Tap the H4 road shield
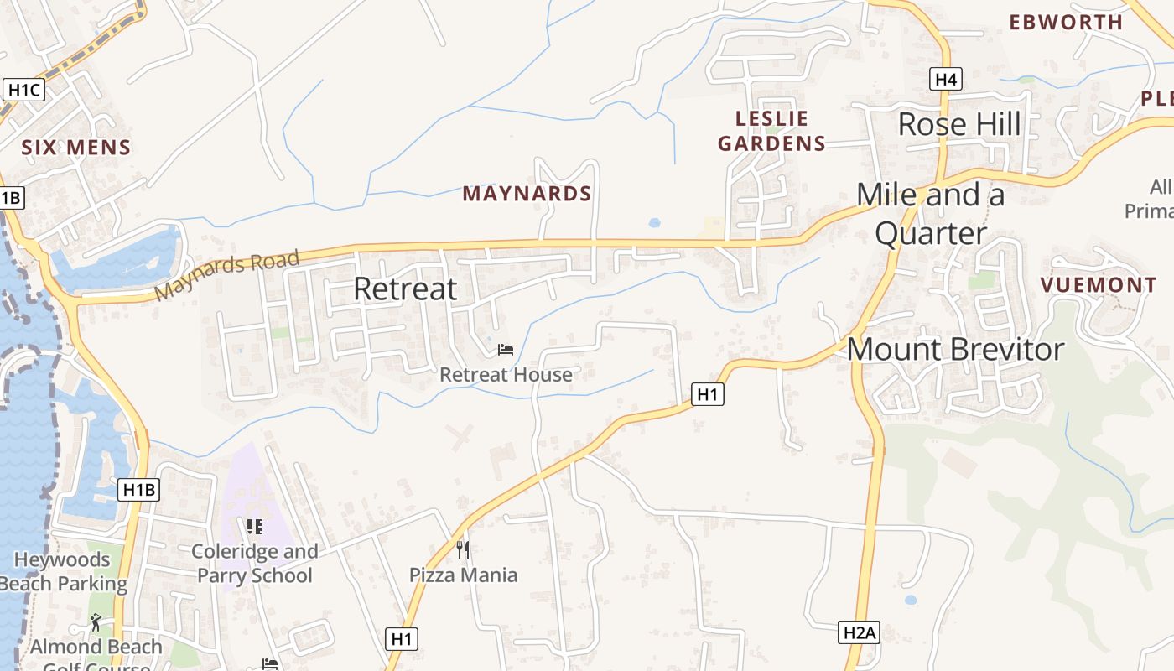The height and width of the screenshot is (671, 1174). [x=945, y=79]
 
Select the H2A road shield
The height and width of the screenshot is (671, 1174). [x=859, y=632]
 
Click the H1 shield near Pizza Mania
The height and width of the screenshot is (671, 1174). [x=403, y=638]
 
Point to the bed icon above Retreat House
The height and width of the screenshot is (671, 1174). [x=506, y=349]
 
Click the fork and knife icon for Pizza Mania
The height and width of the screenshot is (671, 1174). [x=463, y=550]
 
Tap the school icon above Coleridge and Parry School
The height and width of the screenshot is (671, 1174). [x=254, y=527]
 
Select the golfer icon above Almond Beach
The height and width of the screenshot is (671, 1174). [x=96, y=622]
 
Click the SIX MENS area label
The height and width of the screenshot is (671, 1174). [x=76, y=148]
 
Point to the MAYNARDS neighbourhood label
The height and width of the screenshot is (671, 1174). [x=527, y=194]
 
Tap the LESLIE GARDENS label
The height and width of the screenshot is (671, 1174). [x=771, y=131]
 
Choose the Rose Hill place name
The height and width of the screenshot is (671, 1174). [x=959, y=124]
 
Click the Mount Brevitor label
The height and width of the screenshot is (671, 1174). [x=955, y=349]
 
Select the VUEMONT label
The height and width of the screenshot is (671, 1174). [x=1099, y=285]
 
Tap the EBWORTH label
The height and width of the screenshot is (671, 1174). [x=1066, y=23]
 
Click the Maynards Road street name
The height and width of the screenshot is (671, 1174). [x=227, y=274]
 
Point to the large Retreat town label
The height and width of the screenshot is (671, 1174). [x=405, y=289]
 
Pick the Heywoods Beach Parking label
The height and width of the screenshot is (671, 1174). [x=63, y=571]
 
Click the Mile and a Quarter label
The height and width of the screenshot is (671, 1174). [x=931, y=214]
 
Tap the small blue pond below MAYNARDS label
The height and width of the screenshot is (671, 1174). [x=654, y=223]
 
